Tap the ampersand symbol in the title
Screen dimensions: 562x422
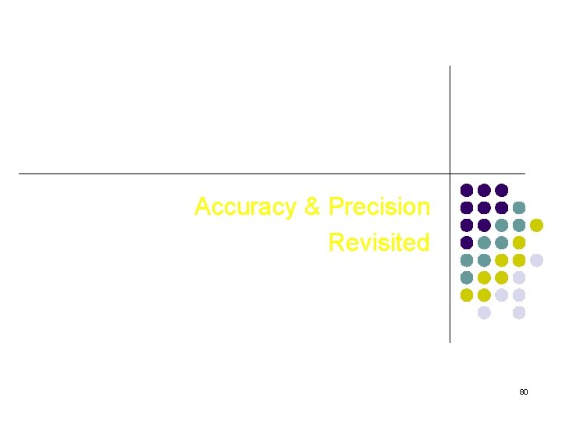(312, 207)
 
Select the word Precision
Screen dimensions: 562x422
(379, 207)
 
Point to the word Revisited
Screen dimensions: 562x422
(379, 242)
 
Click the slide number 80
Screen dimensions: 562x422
(524, 392)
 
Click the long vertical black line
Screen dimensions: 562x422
(450, 117)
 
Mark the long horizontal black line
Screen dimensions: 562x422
(234, 173)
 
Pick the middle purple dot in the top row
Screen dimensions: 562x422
(484, 190)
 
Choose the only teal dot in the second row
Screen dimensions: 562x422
(519, 208)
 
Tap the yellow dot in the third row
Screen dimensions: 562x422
(536, 225)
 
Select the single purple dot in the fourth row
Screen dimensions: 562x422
(467, 242)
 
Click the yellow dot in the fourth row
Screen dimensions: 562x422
(519, 242)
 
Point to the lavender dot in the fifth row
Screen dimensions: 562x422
(536, 260)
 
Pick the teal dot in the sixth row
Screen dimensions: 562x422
(467, 277)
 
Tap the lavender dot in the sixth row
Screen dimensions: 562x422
(519, 277)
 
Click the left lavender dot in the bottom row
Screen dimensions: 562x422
(484, 313)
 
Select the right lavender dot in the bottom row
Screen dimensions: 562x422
(519, 313)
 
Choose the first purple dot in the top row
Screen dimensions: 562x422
(467, 190)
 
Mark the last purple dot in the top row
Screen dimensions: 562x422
(501, 190)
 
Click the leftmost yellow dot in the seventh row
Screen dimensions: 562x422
(467, 295)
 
